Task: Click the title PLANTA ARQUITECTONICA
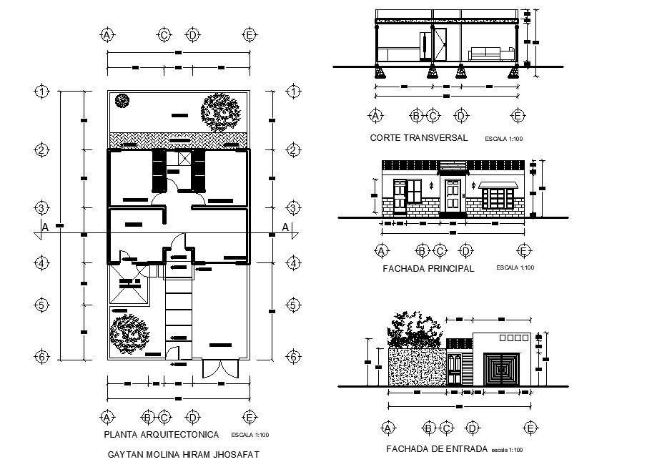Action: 161,434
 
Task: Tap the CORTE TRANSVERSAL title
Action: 419,138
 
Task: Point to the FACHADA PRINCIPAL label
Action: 429,269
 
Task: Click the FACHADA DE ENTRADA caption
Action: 436,449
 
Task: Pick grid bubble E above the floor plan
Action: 250,34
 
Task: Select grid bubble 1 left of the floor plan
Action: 42,92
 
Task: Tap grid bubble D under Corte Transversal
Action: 461,115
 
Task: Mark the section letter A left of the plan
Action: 45,227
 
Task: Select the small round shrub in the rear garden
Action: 122,101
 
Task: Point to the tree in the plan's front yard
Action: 129,332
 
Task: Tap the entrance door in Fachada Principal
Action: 453,196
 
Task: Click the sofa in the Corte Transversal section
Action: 492,54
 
